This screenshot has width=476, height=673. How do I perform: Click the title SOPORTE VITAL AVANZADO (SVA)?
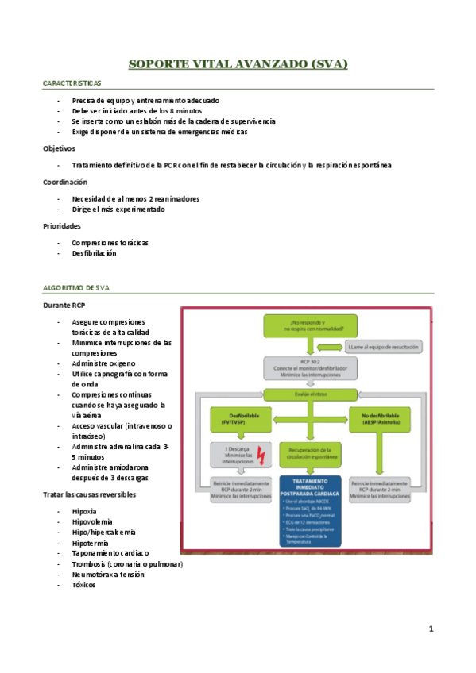pos(238,63)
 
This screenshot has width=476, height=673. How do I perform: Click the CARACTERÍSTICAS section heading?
pos(71,83)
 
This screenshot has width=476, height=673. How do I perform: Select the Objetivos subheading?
pos(60,148)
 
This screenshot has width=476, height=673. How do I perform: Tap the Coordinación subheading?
pos(65,182)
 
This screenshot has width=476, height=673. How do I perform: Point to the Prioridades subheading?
pos(64,226)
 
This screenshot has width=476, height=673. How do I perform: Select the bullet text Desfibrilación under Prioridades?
pos(94,253)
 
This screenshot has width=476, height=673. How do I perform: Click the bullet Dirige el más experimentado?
pos(118,210)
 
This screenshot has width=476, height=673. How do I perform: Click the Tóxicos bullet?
pos(83,585)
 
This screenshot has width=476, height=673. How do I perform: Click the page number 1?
pos(431,629)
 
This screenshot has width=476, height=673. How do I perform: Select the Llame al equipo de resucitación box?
pos(384,347)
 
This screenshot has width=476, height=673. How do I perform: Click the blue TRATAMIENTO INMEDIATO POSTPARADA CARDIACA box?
pos(311,510)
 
